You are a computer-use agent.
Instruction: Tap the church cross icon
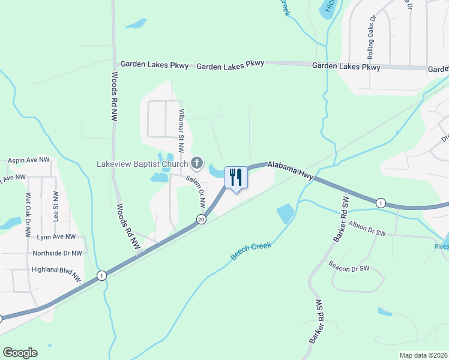pyautogui.click(x=197, y=163)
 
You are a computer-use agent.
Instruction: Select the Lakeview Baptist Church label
pyautogui.click(x=143, y=163)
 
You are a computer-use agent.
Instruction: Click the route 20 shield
pyautogui.click(x=201, y=220)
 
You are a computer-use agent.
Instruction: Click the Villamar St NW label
pyautogui.click(x=181, y=126)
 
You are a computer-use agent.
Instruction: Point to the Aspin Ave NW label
pyautogui.click(x=29, y=160)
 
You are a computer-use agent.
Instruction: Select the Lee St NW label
pyautogui.click(x=55, y=207)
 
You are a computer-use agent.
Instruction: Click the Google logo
pyautogui.click(x=20, y=353)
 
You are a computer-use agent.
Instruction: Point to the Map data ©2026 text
pyautogui.click(x=423, y=355)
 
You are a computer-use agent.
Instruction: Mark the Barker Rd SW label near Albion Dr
pyautogui.click(x=340, y=220)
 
